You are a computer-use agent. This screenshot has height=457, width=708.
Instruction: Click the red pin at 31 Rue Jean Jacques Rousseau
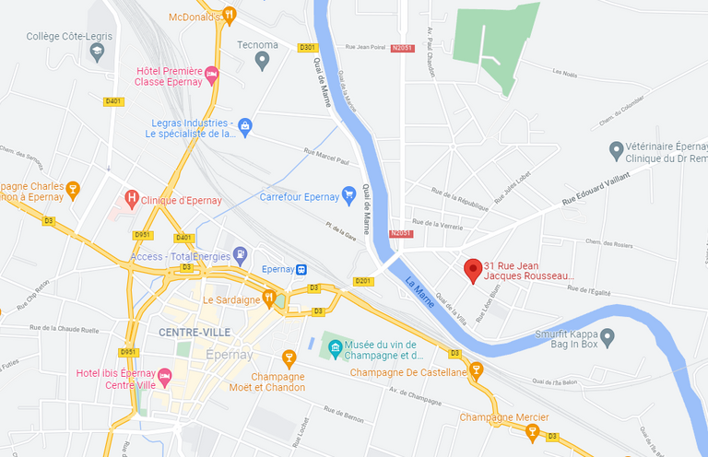pos(473,270)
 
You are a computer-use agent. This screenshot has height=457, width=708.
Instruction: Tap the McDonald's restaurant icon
pos(230,16)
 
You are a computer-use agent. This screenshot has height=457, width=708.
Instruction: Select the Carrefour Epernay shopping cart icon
pos(348,195)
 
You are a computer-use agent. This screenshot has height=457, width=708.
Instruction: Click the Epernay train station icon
pos(301,269)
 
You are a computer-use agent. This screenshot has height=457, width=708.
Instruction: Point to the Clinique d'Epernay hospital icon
pos(133,197)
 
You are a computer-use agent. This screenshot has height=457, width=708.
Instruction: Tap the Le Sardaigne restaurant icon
pos(268,298)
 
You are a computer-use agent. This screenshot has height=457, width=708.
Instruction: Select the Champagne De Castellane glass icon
pos(477,370)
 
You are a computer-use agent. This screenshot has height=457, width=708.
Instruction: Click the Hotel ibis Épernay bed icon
pos(165,376)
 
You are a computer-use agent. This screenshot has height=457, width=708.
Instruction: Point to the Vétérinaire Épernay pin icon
pos(616,149)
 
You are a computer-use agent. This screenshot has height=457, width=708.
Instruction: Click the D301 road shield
pos(307,47)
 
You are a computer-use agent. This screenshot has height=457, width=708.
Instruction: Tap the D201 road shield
pos(362,281)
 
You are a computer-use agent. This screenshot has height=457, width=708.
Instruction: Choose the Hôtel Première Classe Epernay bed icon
pos(211,74)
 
